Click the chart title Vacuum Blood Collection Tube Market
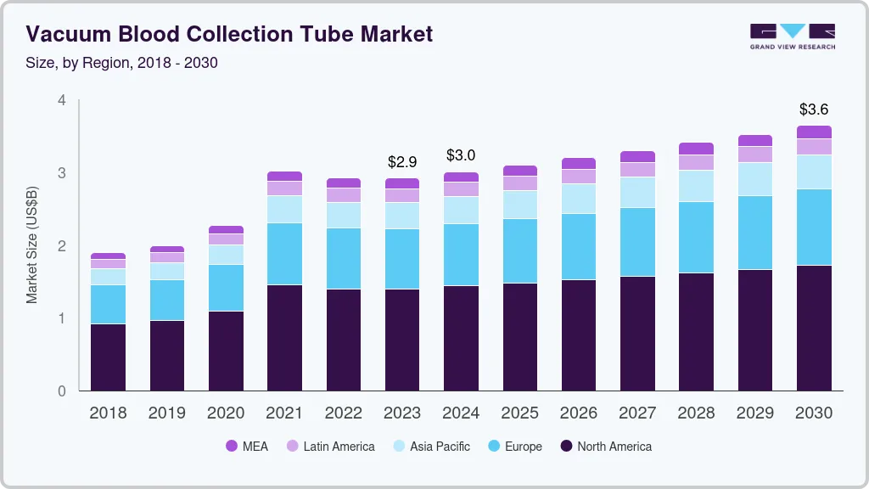tap(229, 34)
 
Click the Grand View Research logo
tap(792, 36)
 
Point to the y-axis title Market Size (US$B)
tap(32, 246)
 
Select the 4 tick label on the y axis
tap(61, 100)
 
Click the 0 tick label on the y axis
tap(61, 391)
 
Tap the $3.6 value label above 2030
tap(814, 110)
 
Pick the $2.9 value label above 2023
tap(402, 161)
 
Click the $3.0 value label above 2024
tap(461, 155)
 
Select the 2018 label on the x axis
tap(108, 413)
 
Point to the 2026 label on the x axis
tap(579, 413)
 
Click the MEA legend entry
tap(246, 447)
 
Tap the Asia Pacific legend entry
tap(430, 447)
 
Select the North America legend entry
tap(605, 447)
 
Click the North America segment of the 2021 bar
tap(284, 338)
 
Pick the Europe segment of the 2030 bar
tap(814, 227)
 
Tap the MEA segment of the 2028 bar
tap(697, 149)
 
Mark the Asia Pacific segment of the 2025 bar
tap(519, 205)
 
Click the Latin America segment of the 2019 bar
tap(167, 257)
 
